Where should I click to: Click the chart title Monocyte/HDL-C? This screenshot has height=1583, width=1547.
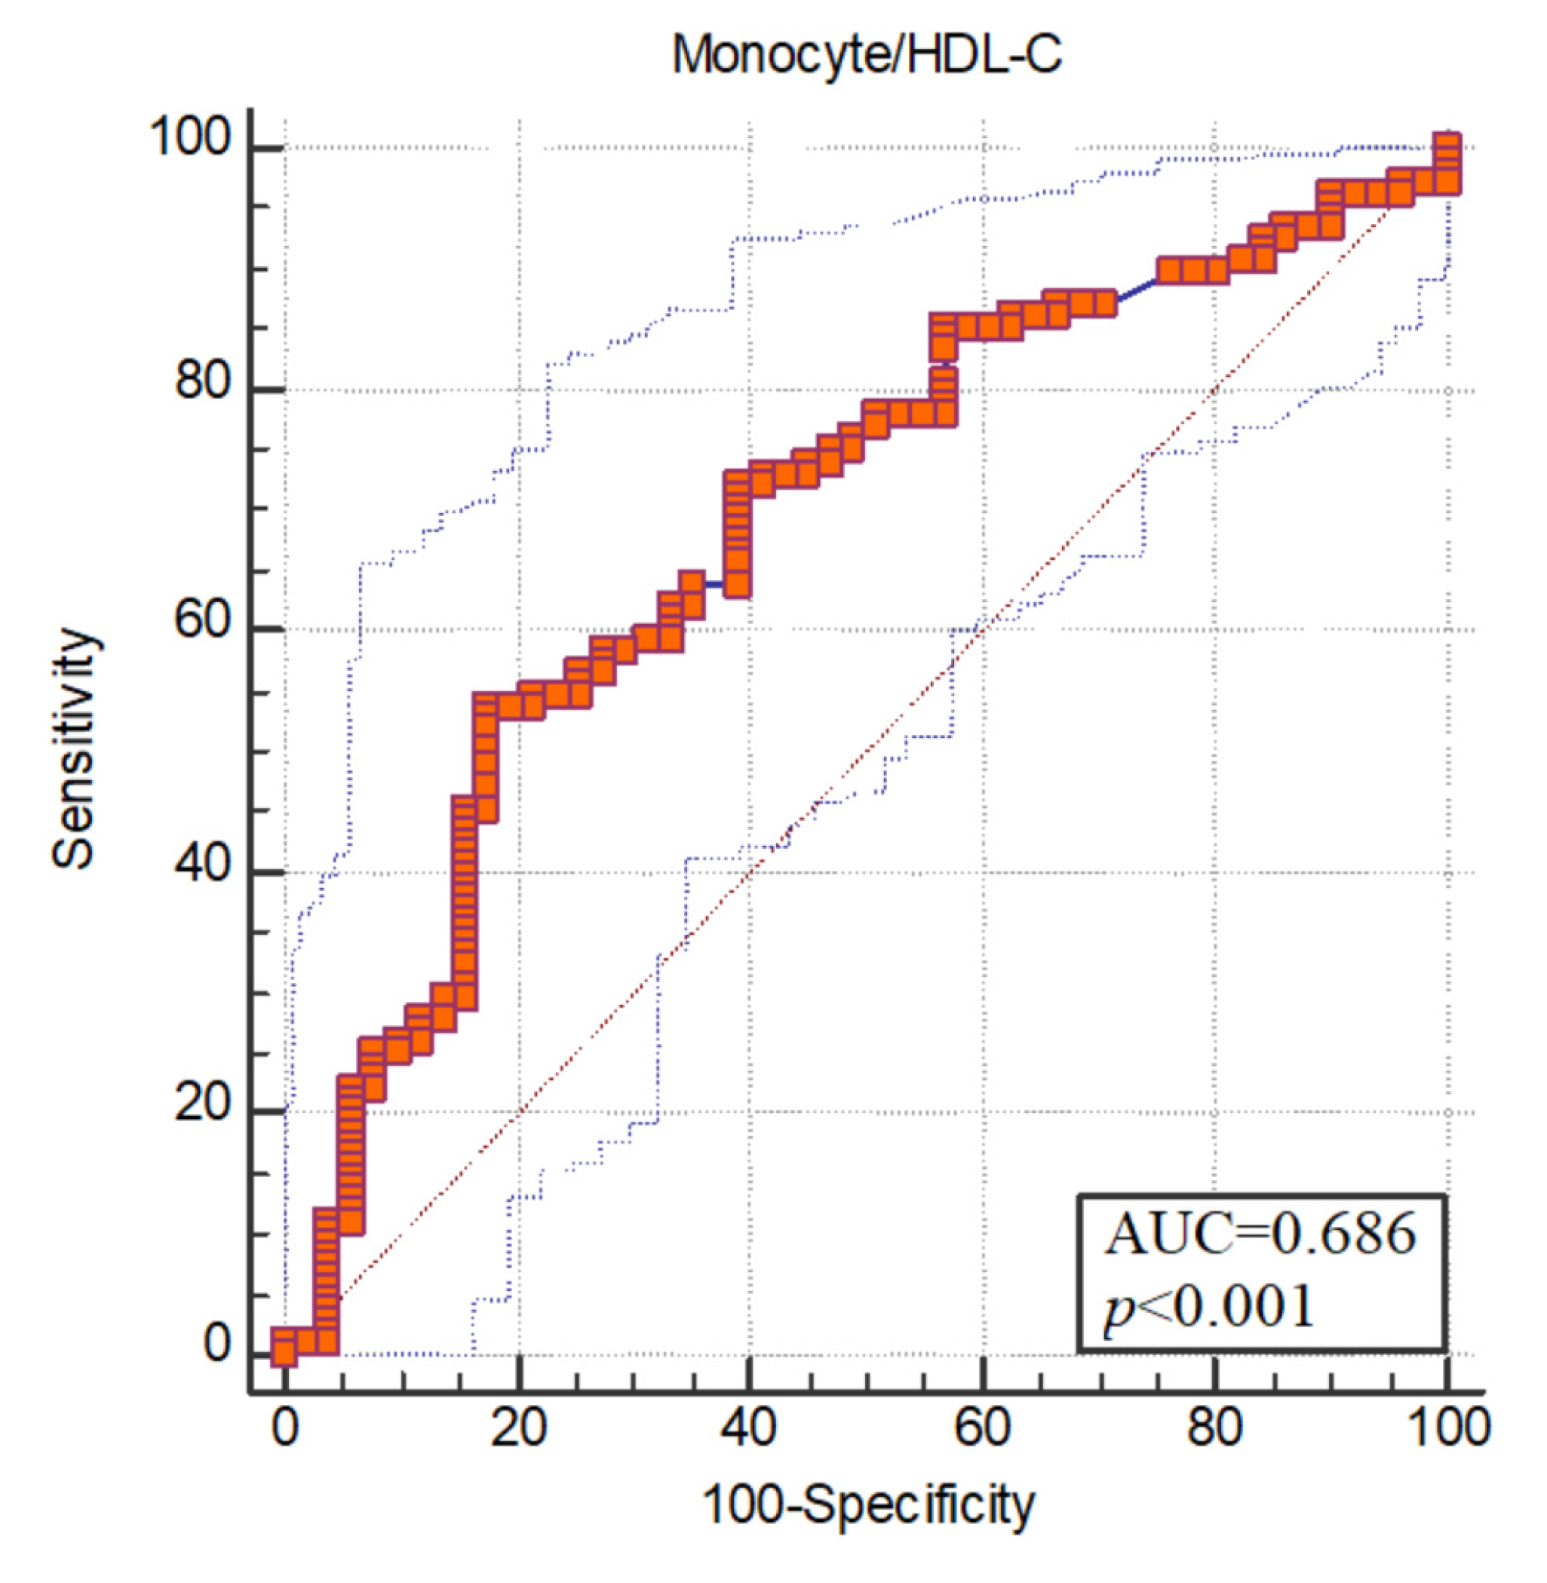pyautogui.click(x=866, y=55)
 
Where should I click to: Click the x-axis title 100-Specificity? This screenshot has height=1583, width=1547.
pyautogui.click(x=867, y=1503)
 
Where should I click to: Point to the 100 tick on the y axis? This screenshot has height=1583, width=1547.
pyautogui.click(x=190, y=139)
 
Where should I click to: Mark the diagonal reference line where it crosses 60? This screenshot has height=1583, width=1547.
pyautogui.click(x=982, y=629)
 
